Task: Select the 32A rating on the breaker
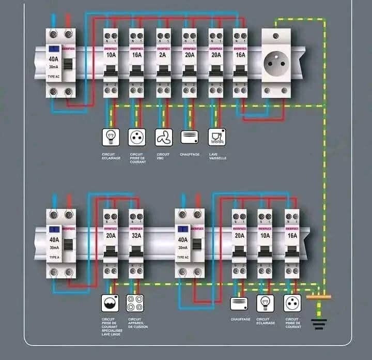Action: point(136,235)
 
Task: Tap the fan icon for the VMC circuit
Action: point(163,137)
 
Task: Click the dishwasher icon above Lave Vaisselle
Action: point(216,137)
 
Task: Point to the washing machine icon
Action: point(110,303)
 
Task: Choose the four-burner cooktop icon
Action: point(135,303)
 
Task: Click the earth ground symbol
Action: point(319,324)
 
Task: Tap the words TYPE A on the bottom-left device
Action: point(54,257)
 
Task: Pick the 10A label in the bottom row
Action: point(265,235)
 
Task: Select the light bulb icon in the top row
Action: point(110,137)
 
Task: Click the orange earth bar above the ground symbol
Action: point(319,297)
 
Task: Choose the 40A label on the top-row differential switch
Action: point(54,59)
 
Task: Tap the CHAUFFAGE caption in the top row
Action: point(190,154)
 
